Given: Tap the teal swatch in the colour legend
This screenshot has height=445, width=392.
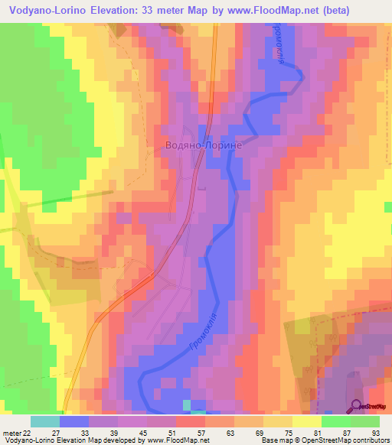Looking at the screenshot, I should click(44, 421).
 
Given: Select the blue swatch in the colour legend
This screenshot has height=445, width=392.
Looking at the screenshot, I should click(73, 421).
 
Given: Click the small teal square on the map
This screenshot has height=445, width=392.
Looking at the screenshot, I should click(188, 404).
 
